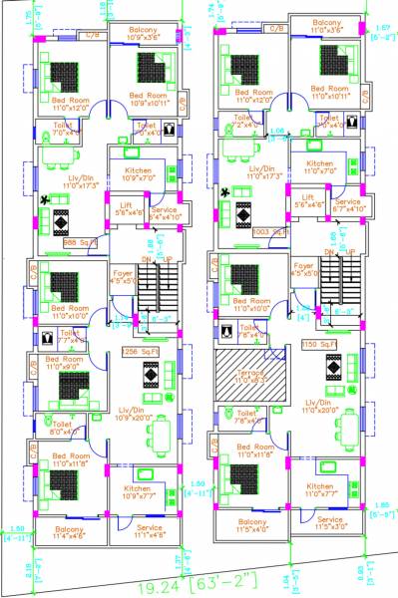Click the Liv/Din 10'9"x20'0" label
point(140,415)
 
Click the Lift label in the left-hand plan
point(126,207)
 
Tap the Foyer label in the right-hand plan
point(304,270)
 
